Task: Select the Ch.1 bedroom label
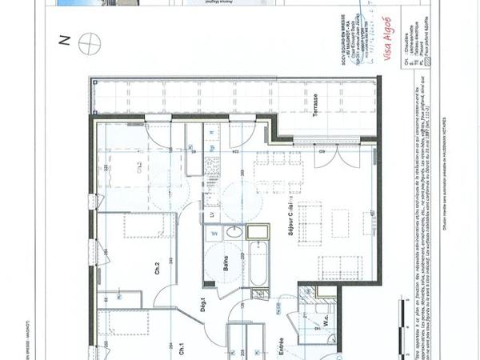[182, 347]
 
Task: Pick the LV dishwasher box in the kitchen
[212, 214]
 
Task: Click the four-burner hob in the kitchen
[213, 167]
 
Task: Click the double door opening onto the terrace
[330, 157]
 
